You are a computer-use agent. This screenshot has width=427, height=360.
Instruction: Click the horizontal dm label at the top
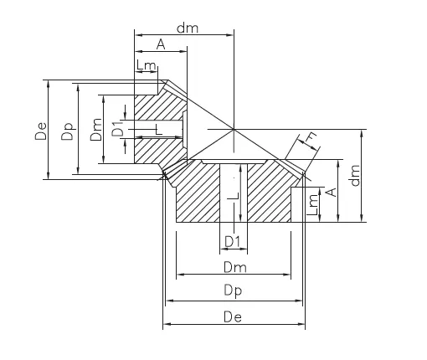tap(188, 28)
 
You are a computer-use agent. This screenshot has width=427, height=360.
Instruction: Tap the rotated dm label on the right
tap(355, 175)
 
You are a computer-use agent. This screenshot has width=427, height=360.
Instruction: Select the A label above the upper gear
tap(161, 44)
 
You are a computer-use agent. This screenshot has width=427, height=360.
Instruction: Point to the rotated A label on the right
tap(332, 192)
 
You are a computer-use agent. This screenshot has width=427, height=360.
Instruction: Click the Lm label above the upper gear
tap(146, 65)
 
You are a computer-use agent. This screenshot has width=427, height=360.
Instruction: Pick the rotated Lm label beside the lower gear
tap(312, 205)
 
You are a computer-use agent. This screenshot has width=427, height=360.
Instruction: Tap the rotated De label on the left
tap(41, 131)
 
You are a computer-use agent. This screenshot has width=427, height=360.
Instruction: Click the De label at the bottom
tap(233, 317)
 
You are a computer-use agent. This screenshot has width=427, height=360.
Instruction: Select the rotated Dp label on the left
tap(68, 131)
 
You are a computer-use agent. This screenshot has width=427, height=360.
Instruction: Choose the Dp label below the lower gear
tap(233, 291)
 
